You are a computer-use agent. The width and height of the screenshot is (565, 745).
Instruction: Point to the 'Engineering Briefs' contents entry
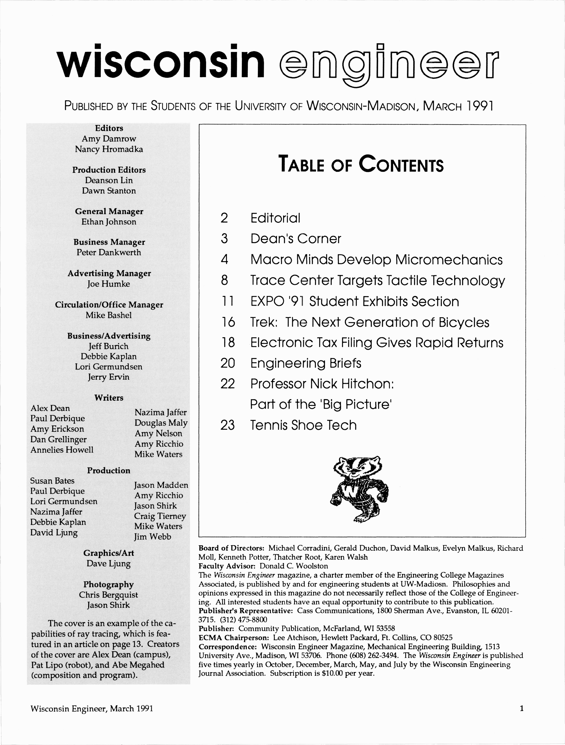[306, 363]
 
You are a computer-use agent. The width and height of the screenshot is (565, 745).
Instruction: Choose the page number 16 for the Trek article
[228, 322]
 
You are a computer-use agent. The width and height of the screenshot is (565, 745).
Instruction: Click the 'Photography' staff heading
[109, 584]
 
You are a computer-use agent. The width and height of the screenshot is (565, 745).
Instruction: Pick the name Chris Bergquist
[109, 595]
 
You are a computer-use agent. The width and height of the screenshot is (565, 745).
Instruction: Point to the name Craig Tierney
[160, 516]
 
